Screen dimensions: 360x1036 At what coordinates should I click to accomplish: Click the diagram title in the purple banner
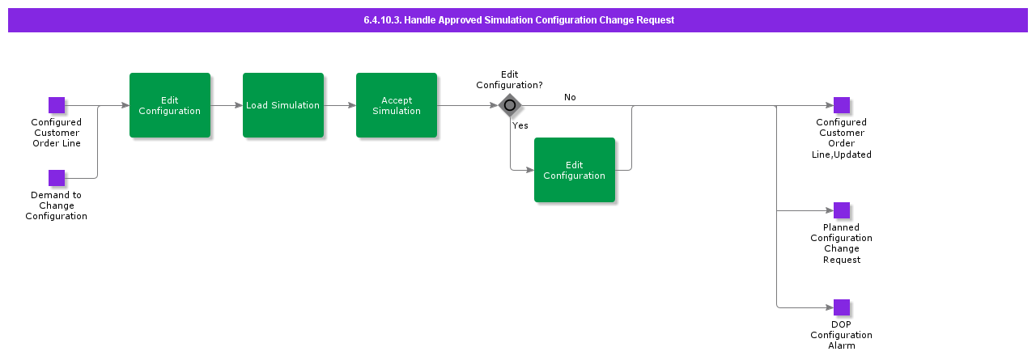pos(518,20)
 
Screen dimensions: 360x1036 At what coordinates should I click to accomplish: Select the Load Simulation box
pos(283,105)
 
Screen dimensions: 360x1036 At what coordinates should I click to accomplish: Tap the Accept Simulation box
pos(397,105)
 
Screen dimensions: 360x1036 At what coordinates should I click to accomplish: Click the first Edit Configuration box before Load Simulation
pos(170,105)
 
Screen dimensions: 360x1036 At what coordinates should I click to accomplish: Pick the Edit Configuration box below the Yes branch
pos(575,170)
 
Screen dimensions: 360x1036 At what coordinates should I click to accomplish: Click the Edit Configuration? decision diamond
pos(510,105)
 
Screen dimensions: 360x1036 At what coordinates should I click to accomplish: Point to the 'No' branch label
pos(570,97)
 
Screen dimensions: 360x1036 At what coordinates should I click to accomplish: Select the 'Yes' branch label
pos(520,125)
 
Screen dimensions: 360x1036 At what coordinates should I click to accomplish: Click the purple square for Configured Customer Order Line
pos(57,105)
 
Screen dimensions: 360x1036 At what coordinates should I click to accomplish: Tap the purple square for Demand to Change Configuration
pos(57,178)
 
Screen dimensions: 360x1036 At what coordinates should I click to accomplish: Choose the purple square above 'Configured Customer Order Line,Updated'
pos(842,105)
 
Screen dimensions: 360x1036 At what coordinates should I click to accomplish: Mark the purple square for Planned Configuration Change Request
pos(842,210)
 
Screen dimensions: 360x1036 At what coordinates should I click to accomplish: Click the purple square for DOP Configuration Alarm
pos(842,307)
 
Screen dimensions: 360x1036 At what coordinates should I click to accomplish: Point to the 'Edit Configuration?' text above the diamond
pos(509,79)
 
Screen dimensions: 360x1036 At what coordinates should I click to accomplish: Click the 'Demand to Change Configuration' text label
pos(56,205)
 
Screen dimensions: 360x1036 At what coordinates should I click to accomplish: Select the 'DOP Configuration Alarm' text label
pos(841,335)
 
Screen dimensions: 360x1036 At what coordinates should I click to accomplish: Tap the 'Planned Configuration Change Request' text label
pos(841,244)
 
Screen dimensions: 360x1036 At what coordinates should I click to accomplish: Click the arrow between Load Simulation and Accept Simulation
pos(340,105)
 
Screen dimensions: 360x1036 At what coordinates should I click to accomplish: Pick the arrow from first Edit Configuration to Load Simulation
pos(227,105)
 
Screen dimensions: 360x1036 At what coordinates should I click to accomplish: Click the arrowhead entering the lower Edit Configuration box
pos(530,170)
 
